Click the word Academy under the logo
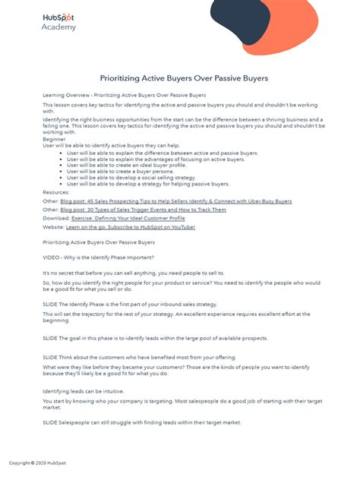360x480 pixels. point(58,27)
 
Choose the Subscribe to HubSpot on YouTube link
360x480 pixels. point(130,226)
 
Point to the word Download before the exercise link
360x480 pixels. point(55,218)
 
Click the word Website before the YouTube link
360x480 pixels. point(53,226)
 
